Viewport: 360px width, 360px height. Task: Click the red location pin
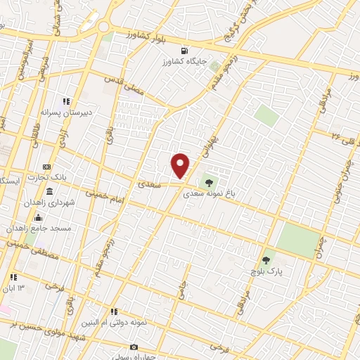(181, 165)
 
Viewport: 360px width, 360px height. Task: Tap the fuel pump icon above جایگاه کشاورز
(184, 51)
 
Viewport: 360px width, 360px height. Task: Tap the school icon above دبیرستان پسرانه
(67, 101)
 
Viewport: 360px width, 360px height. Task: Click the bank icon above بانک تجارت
(46, 167)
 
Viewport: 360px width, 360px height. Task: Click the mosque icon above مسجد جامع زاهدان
(37, 217)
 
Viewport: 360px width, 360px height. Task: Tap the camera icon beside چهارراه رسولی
(134, 347)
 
